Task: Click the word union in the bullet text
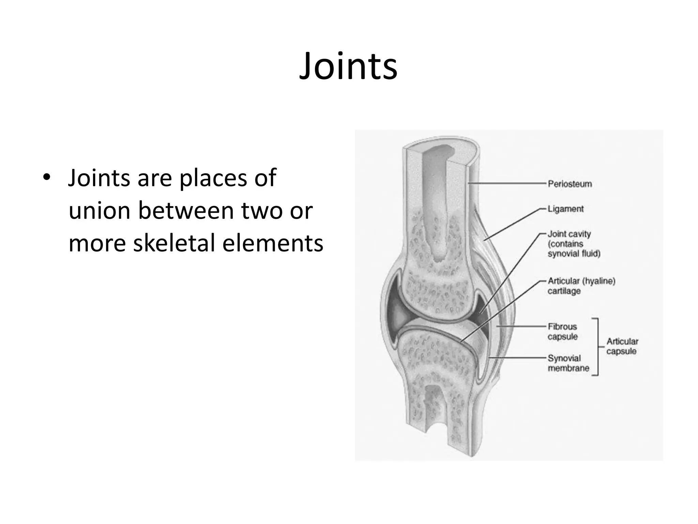coord(99,210)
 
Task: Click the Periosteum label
coord(570,184)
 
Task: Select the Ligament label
coord(565,209)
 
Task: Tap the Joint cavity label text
coord(569,234)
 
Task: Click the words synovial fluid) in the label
coord(574,254)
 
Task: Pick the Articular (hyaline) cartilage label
coord(581,286)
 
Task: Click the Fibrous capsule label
coord(562,332)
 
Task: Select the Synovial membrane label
coord(568,363)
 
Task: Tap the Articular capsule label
coord(622,346)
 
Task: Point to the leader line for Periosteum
coord(508,184)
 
